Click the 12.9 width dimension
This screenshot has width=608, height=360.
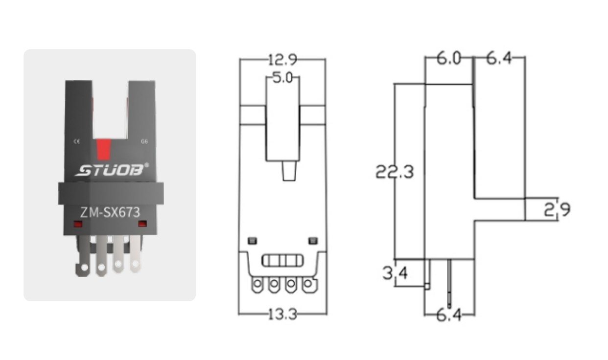(282, 60)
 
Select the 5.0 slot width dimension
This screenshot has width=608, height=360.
(282, 78)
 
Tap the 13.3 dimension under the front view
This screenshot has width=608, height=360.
(282, 314)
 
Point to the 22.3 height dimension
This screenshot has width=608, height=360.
(395, 172)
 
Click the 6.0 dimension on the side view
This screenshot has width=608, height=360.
(449, 59)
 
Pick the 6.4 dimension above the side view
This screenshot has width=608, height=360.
(499, 59)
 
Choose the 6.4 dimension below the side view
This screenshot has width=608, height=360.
(449, 315)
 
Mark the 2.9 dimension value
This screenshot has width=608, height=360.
(558, 210)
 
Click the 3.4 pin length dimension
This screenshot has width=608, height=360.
(395, 272)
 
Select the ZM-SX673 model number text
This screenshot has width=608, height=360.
(110, 212)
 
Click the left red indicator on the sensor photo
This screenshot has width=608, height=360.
(77, 224)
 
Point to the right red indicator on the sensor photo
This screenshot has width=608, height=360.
(142, 224)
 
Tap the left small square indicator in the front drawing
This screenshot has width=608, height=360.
(253, 240)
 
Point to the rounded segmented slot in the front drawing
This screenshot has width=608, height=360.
(282, 261)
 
